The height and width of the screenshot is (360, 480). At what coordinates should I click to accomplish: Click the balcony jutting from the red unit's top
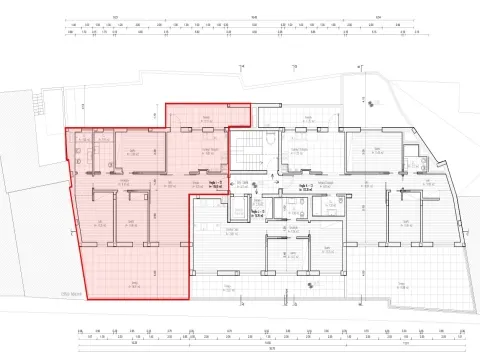coord(206,117)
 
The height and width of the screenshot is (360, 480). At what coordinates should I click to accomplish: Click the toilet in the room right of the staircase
coord(272,150)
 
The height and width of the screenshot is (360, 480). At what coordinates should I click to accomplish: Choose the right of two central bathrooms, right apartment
coord(325,205)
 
